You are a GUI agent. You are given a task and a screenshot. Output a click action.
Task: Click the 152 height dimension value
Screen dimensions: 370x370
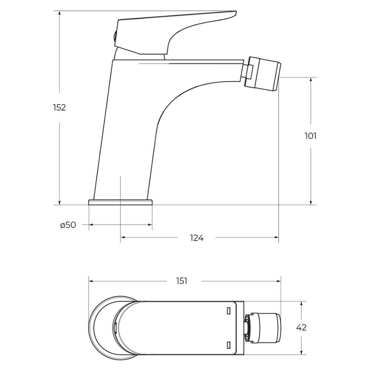(60, 108)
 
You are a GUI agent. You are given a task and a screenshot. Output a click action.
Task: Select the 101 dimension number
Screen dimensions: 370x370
(310, 136)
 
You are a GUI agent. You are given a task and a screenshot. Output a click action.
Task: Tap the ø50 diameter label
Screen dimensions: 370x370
(68, 225)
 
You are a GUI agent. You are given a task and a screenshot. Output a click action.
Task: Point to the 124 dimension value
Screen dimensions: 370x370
(197, 238)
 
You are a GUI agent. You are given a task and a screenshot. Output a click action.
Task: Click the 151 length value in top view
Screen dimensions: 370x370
(182, 281)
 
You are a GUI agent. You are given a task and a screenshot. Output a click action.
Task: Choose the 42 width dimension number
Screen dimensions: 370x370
(301, 327)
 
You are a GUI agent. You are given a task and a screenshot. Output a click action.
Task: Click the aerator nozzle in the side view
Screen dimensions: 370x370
(262, 73)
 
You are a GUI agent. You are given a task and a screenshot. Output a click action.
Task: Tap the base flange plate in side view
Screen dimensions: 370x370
(120, 202)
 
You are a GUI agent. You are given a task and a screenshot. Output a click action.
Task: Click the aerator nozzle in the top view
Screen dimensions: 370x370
(263, 327)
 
